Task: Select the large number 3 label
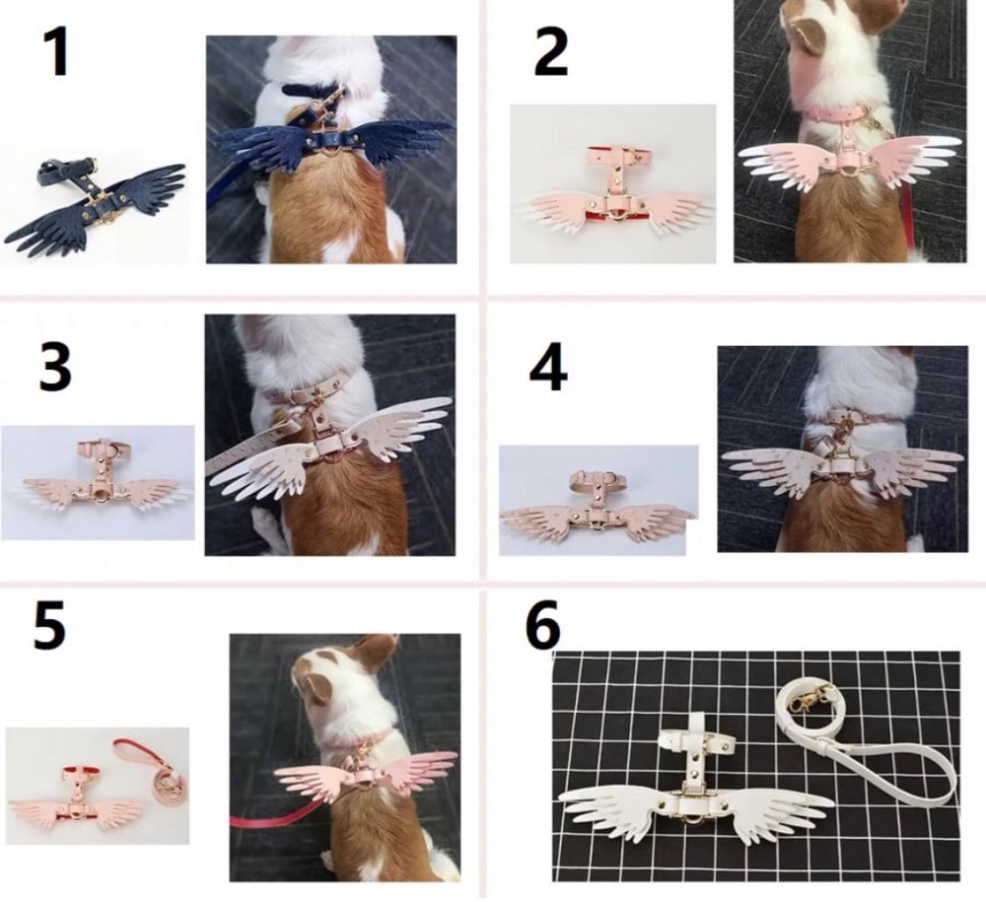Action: [55, 368]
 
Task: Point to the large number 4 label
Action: [548, 369]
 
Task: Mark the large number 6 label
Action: [543, 625]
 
